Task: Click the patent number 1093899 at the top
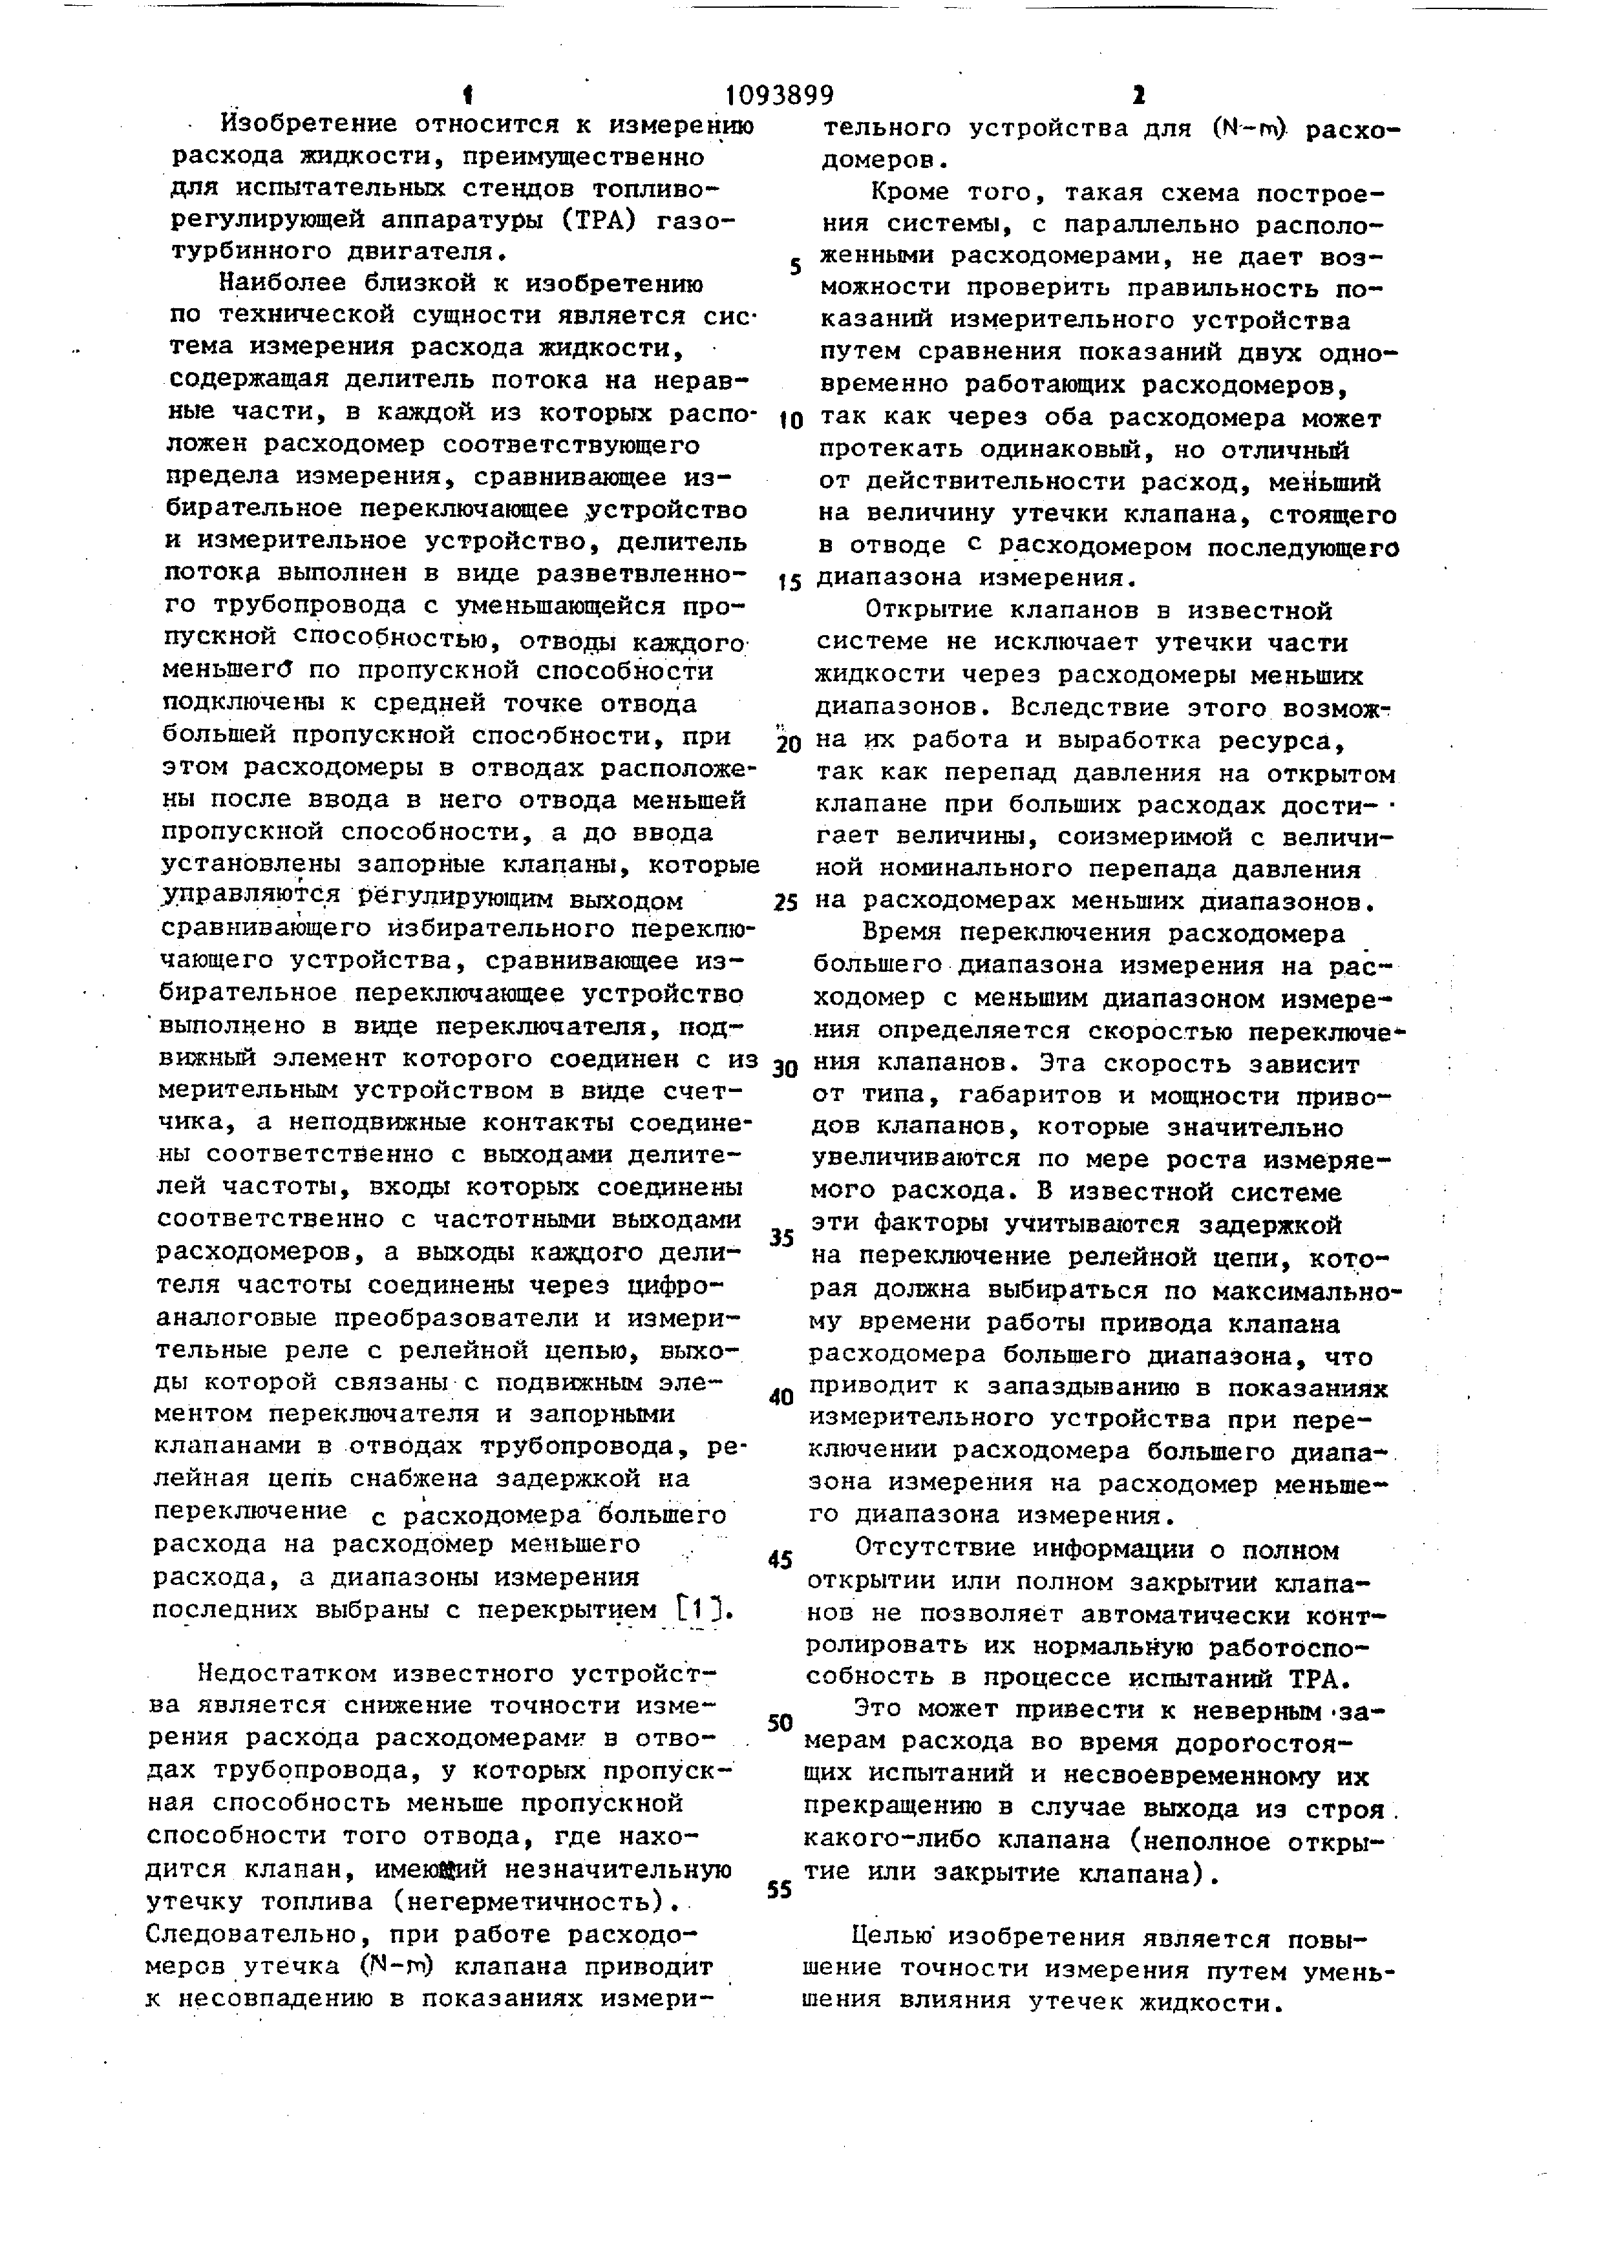pos(779,96)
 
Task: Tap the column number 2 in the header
pos(1138,96)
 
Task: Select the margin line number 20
pos(788,745)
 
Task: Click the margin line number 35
pos(781,1237)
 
